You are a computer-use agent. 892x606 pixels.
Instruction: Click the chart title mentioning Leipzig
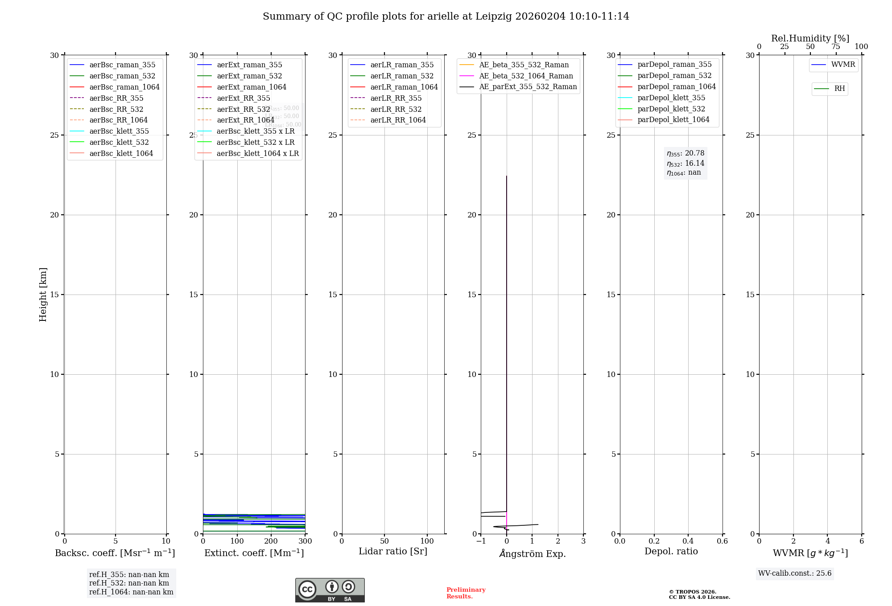tap(446, 16)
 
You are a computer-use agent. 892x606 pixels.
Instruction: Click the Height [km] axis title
tap(43, 294)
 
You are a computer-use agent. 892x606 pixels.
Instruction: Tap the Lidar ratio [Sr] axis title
tap(393, 552)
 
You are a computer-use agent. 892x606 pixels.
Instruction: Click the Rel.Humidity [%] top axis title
tap(810, 38)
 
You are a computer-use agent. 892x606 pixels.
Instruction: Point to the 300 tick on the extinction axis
tap(305, 541)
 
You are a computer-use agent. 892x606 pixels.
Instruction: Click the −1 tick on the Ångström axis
tap(480, 541)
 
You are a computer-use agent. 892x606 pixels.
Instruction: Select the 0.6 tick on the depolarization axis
tap(722, 541)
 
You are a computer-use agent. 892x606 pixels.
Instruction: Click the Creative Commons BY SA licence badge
tap(330, 590)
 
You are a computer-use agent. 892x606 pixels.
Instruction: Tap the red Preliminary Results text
tap(466, 593)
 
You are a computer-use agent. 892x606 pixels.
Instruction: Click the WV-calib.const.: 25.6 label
tap(795, 573)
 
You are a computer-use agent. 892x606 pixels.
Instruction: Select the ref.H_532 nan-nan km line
tap(129, 583)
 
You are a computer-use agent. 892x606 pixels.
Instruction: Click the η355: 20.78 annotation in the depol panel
tap(686, 154)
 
